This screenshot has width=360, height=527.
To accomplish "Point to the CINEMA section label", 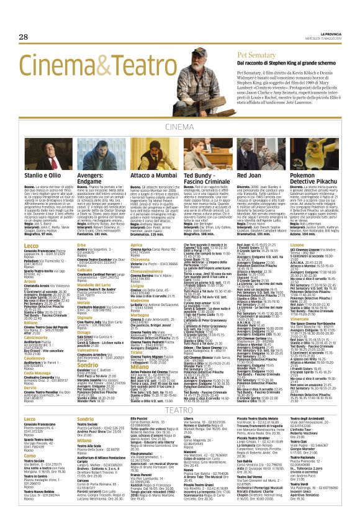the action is (x=180, y=127).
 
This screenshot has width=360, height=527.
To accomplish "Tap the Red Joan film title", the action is (x=250, y=176).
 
